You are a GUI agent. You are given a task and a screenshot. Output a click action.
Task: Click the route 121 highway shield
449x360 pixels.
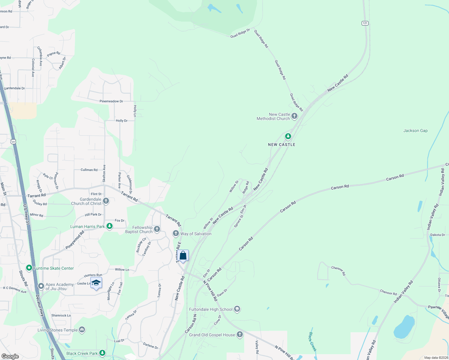(x=365, y=23)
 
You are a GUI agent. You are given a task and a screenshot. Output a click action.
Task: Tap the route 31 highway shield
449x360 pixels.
(x=13, y=141)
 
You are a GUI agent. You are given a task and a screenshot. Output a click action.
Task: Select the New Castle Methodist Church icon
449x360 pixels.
(x=294, y=116)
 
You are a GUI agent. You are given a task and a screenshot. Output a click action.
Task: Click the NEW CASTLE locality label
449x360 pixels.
(x=282, y=145)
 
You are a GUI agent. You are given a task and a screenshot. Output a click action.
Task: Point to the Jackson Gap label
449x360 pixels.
(x=415, y=130)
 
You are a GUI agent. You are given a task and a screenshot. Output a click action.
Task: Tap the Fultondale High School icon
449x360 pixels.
(x=237, y=309)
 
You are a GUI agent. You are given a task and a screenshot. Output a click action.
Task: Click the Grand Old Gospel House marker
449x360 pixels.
(x=240, y=334)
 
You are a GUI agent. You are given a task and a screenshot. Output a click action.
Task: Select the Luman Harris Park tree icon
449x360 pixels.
(x=110, y=226)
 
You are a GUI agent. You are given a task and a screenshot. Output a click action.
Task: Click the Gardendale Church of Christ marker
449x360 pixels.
(x=106, y=201)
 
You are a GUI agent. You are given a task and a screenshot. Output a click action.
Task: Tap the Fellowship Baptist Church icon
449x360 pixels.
(x=157, y=229)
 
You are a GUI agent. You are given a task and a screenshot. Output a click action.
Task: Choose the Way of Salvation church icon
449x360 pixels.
(x=176, y=233)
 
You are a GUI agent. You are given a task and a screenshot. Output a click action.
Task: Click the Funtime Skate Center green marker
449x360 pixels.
(x=29, y=268)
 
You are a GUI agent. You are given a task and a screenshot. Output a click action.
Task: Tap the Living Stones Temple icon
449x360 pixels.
(x=82, y=330)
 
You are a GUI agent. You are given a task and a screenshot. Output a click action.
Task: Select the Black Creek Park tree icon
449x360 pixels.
(x=103, y=353)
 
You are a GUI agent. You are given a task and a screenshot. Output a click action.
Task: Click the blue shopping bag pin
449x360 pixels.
(x=183, y=256)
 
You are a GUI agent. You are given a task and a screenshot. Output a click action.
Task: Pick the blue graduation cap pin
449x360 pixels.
(x=96, y=283)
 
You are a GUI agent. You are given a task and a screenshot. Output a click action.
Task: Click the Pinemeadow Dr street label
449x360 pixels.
(x=111, y=101)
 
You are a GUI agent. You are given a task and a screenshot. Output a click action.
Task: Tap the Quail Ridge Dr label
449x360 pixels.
(x=240, y=33)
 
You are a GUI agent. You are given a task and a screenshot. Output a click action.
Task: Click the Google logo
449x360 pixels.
(x=10, y=356)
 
